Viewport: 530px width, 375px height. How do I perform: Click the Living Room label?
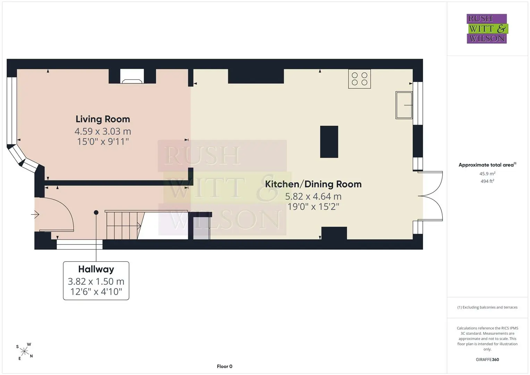pos(103,119)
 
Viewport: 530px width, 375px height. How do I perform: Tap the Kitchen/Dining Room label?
pos(313,184)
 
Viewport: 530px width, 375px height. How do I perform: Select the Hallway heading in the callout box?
pos(96,269)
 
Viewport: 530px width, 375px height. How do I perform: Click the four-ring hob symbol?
pos(359,79)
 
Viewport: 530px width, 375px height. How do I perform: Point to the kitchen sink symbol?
pos(404,105)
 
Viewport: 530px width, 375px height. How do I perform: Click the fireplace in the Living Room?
pos(132,76)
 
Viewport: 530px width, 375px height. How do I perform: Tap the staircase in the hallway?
pos(125,225)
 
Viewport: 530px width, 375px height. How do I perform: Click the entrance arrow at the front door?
pos(35,215)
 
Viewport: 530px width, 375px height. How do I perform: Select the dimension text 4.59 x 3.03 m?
pos(103,131)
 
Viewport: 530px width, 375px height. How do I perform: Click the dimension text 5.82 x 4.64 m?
pos(313,196)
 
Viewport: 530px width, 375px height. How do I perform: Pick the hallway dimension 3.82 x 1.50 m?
pos(96,281)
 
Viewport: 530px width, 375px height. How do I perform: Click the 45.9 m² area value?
pos(487,174)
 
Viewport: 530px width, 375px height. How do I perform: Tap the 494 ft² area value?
pos(487,181)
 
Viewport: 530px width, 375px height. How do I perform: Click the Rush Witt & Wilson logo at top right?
pos(487,28)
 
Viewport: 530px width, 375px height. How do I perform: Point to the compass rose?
pos(24,351)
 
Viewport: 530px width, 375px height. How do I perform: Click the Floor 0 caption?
pos(225,366)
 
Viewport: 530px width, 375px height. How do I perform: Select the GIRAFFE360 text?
pos(487,359)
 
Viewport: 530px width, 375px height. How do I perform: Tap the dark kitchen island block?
pos(329,142)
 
